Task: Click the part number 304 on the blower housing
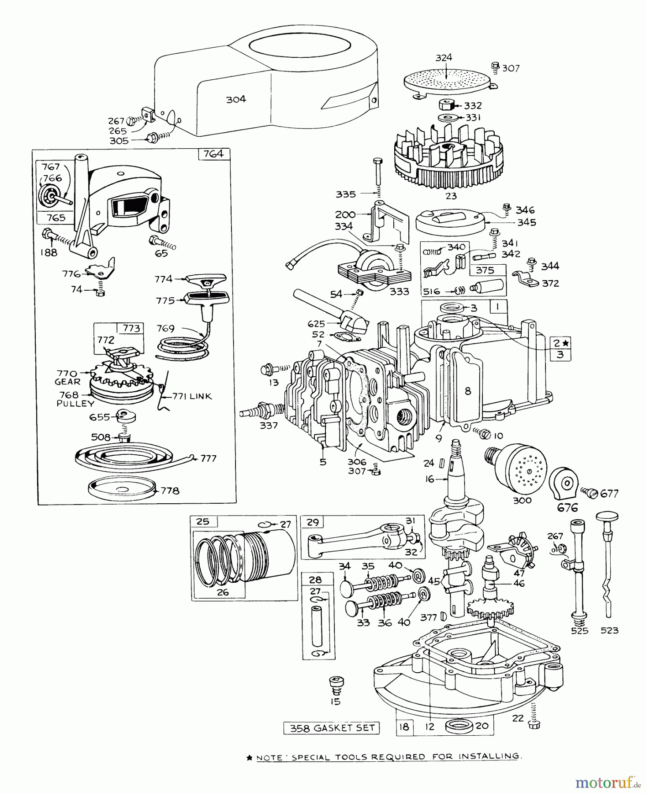pyautogui.click(x=236, y=100)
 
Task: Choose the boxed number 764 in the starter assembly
pyautogui.click(x=214, y=154)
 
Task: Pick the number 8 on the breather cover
pyautogui.click(x=467, y=390)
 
